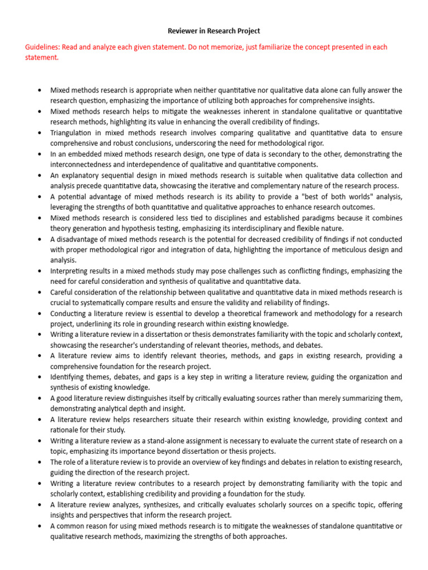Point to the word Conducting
pyautogui.click(x=70, y=313)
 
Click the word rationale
pyautogui.click(x=65, y=430)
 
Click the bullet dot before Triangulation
pyautogui.click(x=39, y=133)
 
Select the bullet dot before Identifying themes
pyautogui.click(x=39, y=377)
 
